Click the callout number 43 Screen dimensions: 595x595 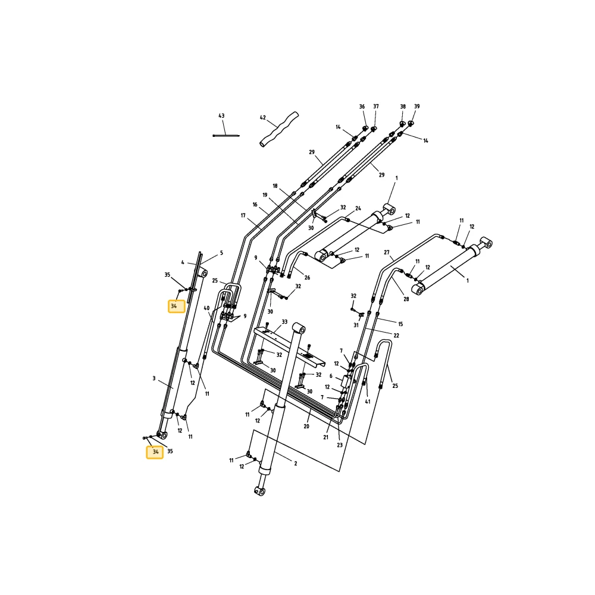click(221, 116)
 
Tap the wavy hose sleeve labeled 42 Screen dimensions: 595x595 click(279, 129)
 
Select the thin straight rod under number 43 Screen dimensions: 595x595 click(226, 136)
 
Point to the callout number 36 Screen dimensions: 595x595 click(362, 107)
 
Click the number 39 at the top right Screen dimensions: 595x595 click(416, 107)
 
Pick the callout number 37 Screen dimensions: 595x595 click(375, 107)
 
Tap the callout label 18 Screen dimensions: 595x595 click(275, 186)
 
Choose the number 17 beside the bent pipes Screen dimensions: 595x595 click(243, 215)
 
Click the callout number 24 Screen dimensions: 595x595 click(358, 208)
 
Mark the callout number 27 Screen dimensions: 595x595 click(386, 252)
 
